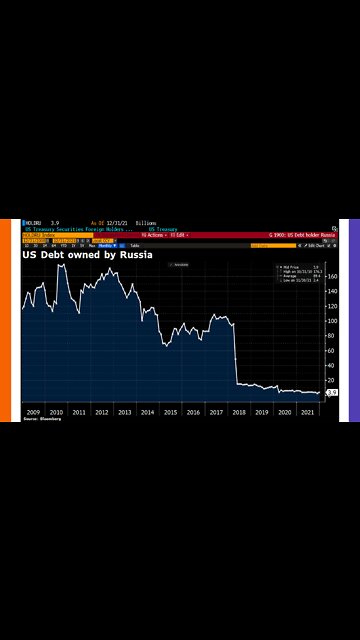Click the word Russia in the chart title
(135, 255)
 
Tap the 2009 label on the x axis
(33, 412)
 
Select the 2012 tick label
(101, 412)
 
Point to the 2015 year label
(170, 412)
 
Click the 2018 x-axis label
(239, 412)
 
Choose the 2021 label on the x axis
(307, 412)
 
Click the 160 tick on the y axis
(331, 277)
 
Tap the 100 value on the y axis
(331, 321)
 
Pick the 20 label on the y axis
(331, 381)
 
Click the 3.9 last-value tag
(331, 393)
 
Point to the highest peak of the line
(62, 266)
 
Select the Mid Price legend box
(297, 274)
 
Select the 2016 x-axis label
(193, 412)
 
